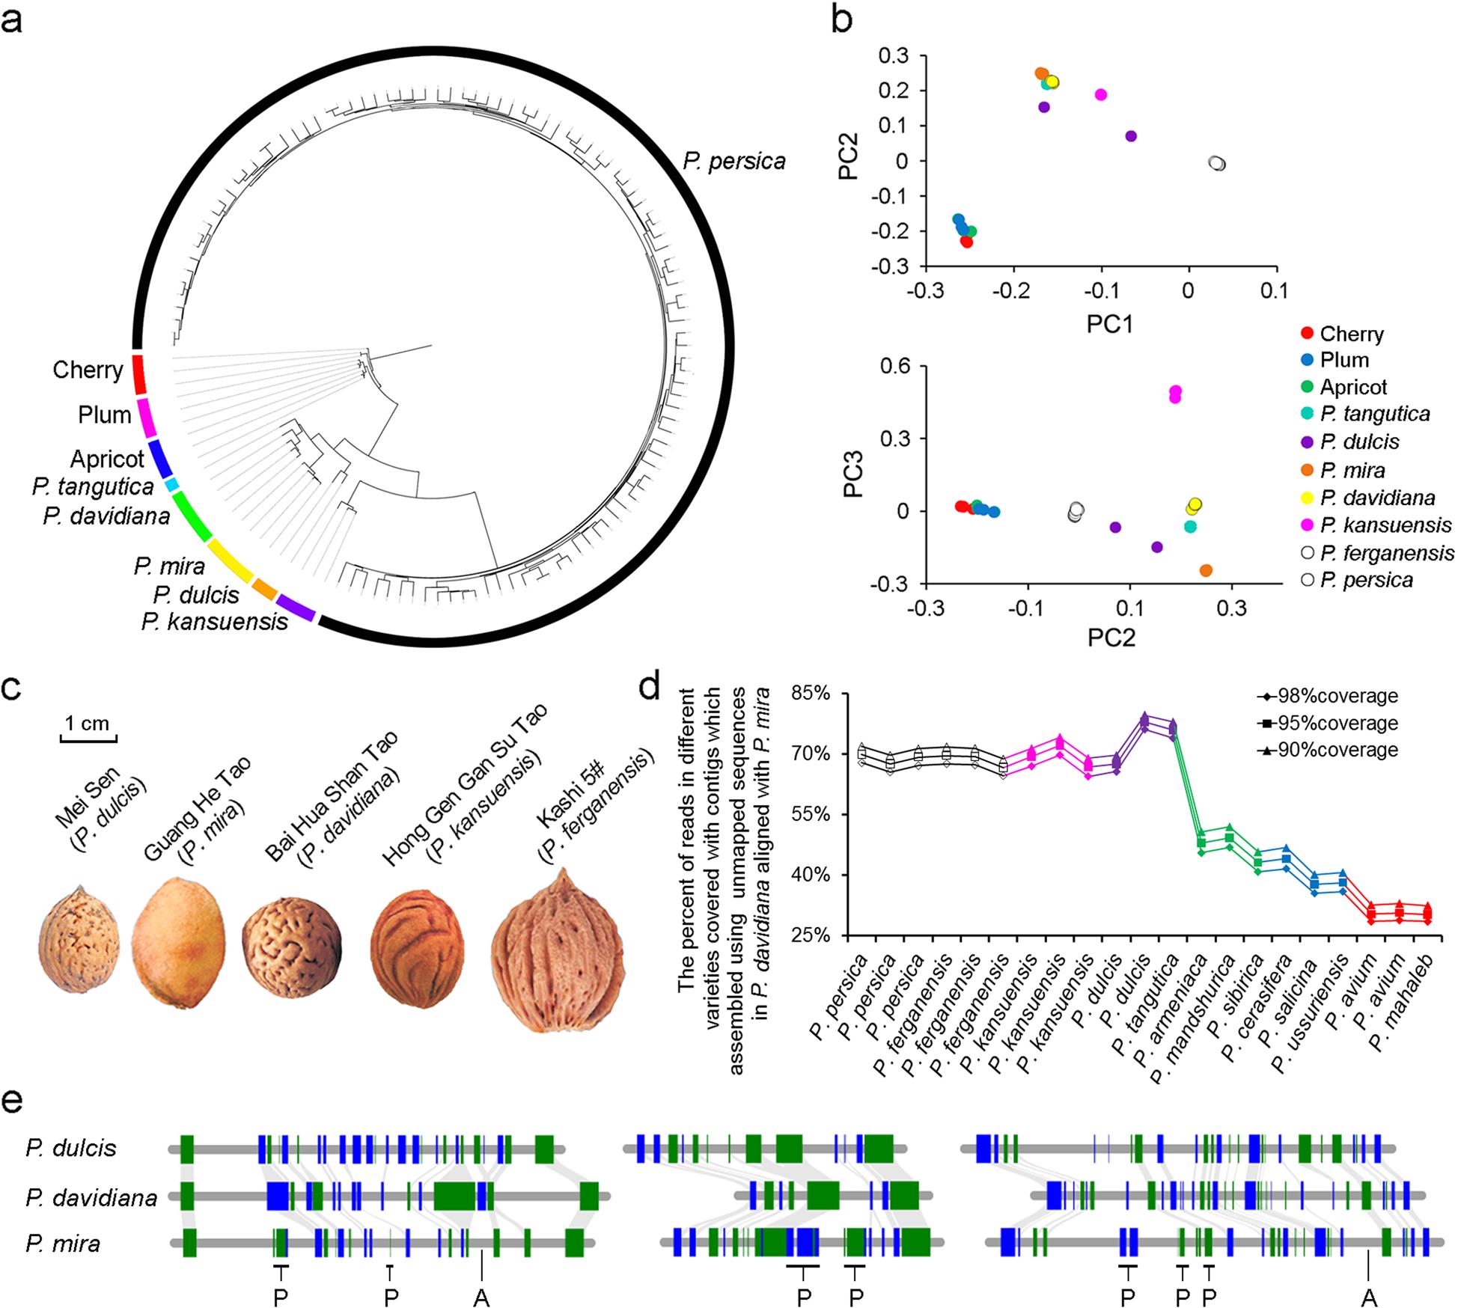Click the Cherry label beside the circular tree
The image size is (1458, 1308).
pyautogui.click(x=88, y=370)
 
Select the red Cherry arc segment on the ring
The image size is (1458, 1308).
pyautogui.click(x=138, y=374)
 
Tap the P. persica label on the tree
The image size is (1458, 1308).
pyautogui.click(x=734, y=161)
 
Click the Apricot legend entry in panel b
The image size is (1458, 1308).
pyautogui.click(x=1353, y=387)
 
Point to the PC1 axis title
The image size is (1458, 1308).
pyautogui.click(x=1110, y=323)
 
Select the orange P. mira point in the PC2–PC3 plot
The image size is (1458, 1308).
pyautogui.click(x=1206, y=570)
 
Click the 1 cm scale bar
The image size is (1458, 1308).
pyautogui.click(x=88, y=740)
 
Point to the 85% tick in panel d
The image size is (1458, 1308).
pyautogui.click(x=812, y=694)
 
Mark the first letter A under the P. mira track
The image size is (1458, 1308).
pyautogui.click(x=481, y=1298)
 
